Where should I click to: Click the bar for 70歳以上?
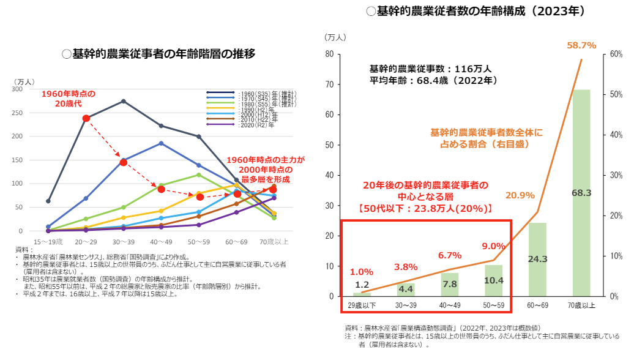click(581, 193)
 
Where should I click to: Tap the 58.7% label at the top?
click(581, 45)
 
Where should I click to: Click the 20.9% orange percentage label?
click(520, 195)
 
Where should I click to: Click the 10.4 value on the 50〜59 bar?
click(493, 280)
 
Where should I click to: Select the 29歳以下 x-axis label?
click(362, 304)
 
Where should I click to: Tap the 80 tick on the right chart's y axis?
click(329, 54)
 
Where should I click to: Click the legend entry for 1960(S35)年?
click(251, 92)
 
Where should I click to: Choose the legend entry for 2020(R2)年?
click(251, 125)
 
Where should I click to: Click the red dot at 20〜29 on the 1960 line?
click(86, 118)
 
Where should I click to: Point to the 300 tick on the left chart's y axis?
click(34, 89)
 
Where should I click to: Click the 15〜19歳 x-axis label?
click(48, 242)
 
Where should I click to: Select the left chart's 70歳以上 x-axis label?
click(274, 242)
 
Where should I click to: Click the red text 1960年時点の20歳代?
click(69, 99)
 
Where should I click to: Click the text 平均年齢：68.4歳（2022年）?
click(431, 80)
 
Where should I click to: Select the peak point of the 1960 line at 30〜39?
click(124, 101)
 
